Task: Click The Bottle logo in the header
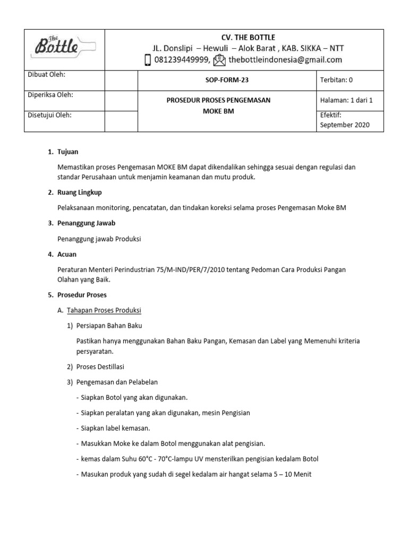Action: click(x=64, y=49)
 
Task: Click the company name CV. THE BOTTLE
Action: click(x=248, y=37)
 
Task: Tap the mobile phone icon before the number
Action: click(x=148, y=60)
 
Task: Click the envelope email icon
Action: click(x=219, y=60)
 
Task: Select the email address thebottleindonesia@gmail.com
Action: click(x=285, y=60)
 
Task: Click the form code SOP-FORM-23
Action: click(x=227, y=80)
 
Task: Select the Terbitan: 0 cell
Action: click(x=336, y=80)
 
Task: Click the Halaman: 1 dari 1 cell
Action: click(x=346, y=100)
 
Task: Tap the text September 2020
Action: click(x=344, y=125)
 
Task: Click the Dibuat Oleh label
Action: click(x=46, y=75)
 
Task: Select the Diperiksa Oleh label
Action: click(x=50, y=95)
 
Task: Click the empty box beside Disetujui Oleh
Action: click(x=121, y=121)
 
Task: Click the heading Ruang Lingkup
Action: click(x=79, y=192)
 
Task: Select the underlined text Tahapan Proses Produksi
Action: click(x=104, y=310)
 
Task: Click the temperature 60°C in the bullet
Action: click(x=140, y=459)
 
